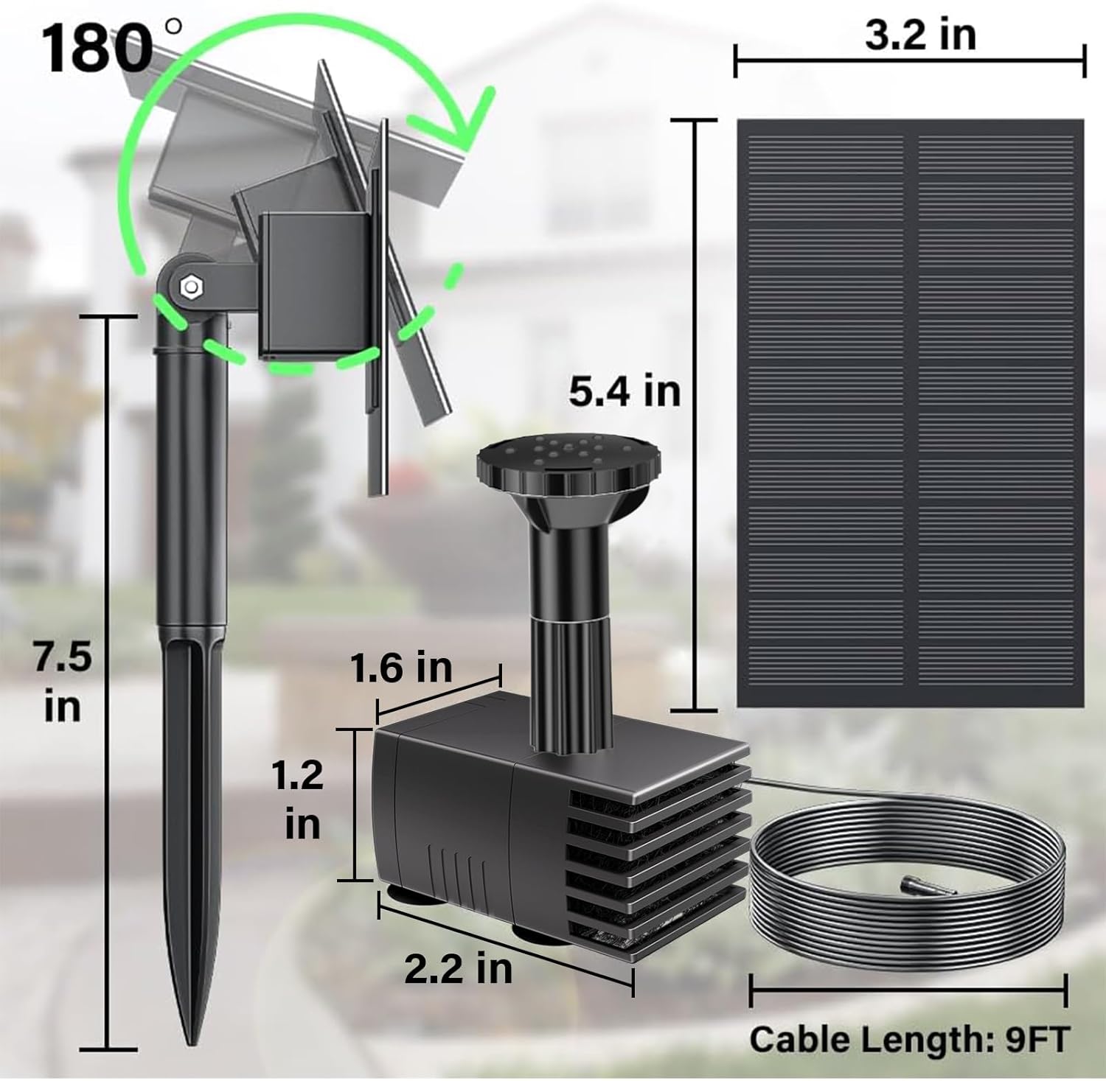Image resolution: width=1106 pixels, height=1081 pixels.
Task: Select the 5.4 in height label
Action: pyautogui.click(x=624, y=391)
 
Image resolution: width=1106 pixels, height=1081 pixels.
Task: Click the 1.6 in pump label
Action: pyautogui.click(x=400, y=668)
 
